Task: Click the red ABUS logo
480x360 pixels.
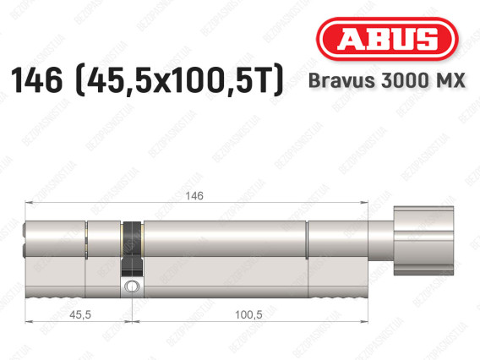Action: (387, 39)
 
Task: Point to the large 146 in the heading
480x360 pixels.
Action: (36, 80)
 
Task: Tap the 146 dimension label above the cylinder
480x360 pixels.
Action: (194, 196)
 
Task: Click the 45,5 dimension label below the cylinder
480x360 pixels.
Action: (80, 314)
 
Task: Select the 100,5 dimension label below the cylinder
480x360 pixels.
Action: (248, 314)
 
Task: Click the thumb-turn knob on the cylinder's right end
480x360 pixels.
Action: (423, 241)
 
